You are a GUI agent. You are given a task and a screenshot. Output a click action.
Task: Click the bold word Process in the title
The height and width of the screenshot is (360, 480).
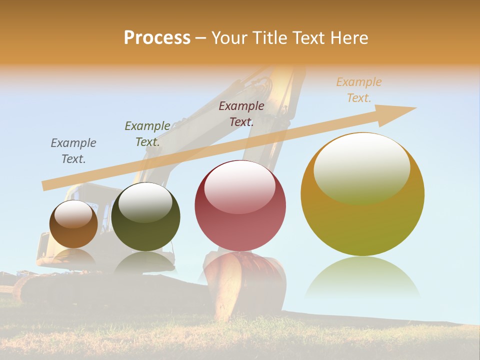tap(157, 38)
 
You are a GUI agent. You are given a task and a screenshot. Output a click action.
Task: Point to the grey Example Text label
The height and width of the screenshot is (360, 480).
tap(73, 151)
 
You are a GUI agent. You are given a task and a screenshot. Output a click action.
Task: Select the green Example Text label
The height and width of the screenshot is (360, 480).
tap(147, 134)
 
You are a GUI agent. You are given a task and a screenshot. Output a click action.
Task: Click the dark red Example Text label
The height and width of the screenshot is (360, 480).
tap(241, 114)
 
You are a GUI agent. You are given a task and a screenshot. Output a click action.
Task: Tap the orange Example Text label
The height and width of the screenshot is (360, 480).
tap(359, 90)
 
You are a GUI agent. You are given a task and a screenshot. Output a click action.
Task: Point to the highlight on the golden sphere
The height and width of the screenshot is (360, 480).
tap(361, 167)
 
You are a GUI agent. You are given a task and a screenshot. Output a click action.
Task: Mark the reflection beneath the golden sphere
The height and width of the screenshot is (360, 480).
tap(362, 277)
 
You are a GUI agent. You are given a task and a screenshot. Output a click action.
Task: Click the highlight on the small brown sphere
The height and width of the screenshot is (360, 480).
tap(73, 214)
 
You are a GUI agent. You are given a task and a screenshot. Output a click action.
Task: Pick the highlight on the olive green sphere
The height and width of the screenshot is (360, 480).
tap(145, 202)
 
